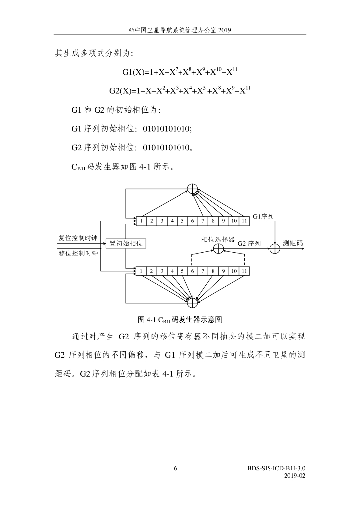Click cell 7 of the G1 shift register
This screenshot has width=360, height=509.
[202, 220]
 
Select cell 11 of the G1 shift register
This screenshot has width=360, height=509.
[244, 220]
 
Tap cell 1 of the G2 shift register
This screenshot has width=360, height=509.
[141, 271]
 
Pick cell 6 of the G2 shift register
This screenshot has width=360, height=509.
[192, 271]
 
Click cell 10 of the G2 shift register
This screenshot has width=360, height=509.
[234, 271]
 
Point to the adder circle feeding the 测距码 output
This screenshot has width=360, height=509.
[275, 247]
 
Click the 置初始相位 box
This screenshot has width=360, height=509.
[126, 243]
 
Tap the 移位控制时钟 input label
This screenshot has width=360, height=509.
[76, 253]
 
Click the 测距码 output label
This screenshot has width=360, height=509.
[293, 243]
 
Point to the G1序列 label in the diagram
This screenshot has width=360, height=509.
[263, 217]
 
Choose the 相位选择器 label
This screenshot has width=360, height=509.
[218, 239]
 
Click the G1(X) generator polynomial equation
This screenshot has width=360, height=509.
[180, 72]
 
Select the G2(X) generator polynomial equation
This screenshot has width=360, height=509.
[180, 91]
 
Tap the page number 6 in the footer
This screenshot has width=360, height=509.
[176, 468]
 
